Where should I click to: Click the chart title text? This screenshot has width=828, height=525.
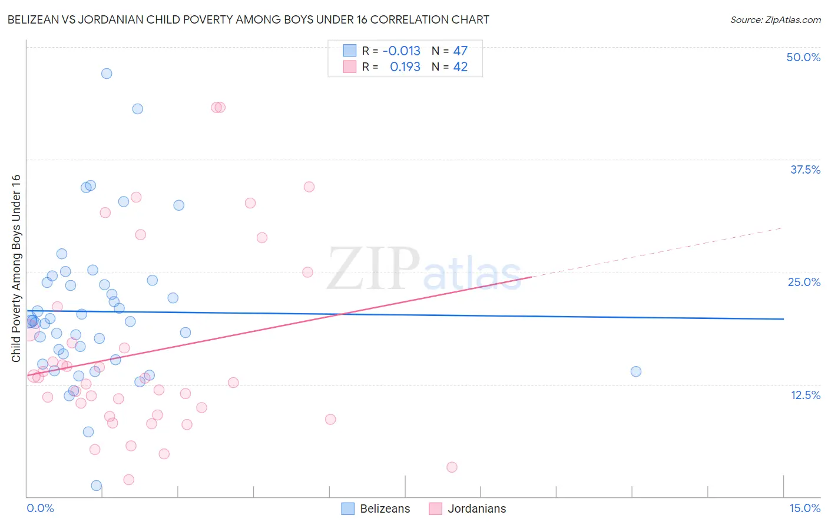pyautogui.click(x=248, y=19)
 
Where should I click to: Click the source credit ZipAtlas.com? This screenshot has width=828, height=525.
pyautogui.click(x=775, y=19)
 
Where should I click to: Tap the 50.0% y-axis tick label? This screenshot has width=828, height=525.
pyautogui.click(x=803, y=57)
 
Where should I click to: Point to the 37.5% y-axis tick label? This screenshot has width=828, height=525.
pyautogui.click(x=805, y=170)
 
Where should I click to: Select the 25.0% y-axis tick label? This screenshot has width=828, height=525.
pyautogui.click(x=804, y=282)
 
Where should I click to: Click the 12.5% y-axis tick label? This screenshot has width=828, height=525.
pyautogui.click(x=805, y=395)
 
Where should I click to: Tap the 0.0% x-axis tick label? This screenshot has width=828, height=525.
pyautogui.click(x=40, y=508)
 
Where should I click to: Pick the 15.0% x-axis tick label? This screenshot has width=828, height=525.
pyautogui.click(x=804, y=508)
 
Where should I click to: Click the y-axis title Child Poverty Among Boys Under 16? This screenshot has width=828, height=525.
pyautogui.click(x=16, y=268)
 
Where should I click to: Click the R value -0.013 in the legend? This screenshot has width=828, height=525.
pyautogui.click(x=402, y=51)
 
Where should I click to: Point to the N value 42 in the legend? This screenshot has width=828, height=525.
pyautogui.click(x=461, y=67)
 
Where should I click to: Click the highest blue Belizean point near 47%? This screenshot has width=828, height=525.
pyautogui.click(x=107, y=74)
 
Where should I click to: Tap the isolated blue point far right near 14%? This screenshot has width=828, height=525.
pyautogui.click(x=636, y=371)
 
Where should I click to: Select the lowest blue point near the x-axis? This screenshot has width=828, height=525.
pyautogui.click(x=97, y=486)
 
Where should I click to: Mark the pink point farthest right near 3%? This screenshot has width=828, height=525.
pyautogui.click(x=452, y=467)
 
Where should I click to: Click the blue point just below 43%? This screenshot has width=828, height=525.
pyautogui.click(x=138, y=109)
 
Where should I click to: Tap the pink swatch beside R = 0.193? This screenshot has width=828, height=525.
pyautogui.click(x=350, y=67)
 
